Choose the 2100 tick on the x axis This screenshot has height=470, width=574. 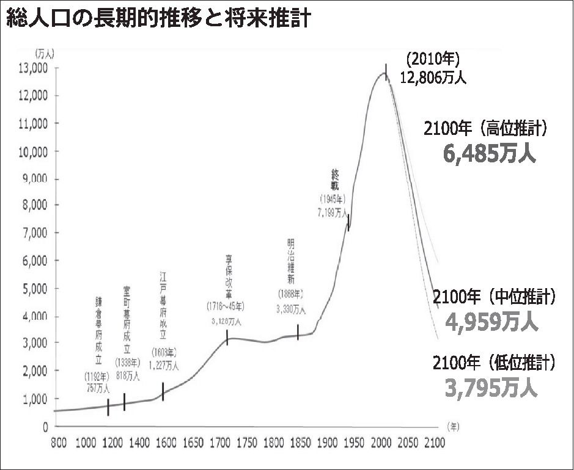(x=436, y=441)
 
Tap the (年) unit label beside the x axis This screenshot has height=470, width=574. (x=452, y=425)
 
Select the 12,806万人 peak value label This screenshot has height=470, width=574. (x=433, y=77)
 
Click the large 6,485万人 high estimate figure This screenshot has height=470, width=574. (x=489, y=153)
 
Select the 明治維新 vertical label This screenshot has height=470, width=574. (x=291, y=259)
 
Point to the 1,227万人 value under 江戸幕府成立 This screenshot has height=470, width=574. (x=164, y=366)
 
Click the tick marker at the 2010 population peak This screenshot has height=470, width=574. (x=386, y=70)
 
